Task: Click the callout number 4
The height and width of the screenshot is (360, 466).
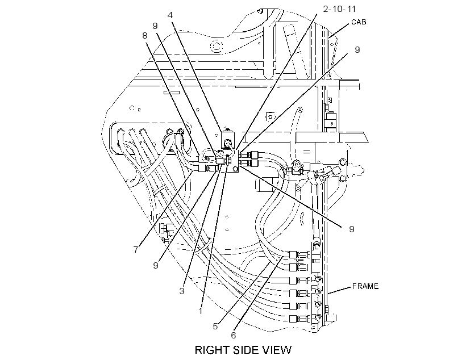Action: click(170, 15)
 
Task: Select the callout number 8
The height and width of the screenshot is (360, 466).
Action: click(145, 36)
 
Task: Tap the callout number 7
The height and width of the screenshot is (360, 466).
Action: click(136, 249)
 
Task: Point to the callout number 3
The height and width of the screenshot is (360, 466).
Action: click(182, 291)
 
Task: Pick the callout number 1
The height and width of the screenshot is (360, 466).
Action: click(201, 311)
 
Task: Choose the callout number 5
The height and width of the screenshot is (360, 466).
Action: click(215, 326)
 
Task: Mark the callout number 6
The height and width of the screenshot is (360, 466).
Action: click(234, 335)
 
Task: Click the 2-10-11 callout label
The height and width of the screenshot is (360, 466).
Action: click(339, 9)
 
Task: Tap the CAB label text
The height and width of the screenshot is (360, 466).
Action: click(359, 22)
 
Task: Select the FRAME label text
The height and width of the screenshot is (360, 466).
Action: click(365, 286)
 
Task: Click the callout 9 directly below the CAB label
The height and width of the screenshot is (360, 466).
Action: click(357, 49)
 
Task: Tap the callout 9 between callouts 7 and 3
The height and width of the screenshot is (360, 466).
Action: click(156, 265)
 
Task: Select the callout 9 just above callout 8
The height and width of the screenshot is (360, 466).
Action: click(155, 26)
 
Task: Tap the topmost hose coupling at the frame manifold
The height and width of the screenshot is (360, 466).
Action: click(298, 254)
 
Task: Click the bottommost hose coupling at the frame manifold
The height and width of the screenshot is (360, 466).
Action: click(298, 319)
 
